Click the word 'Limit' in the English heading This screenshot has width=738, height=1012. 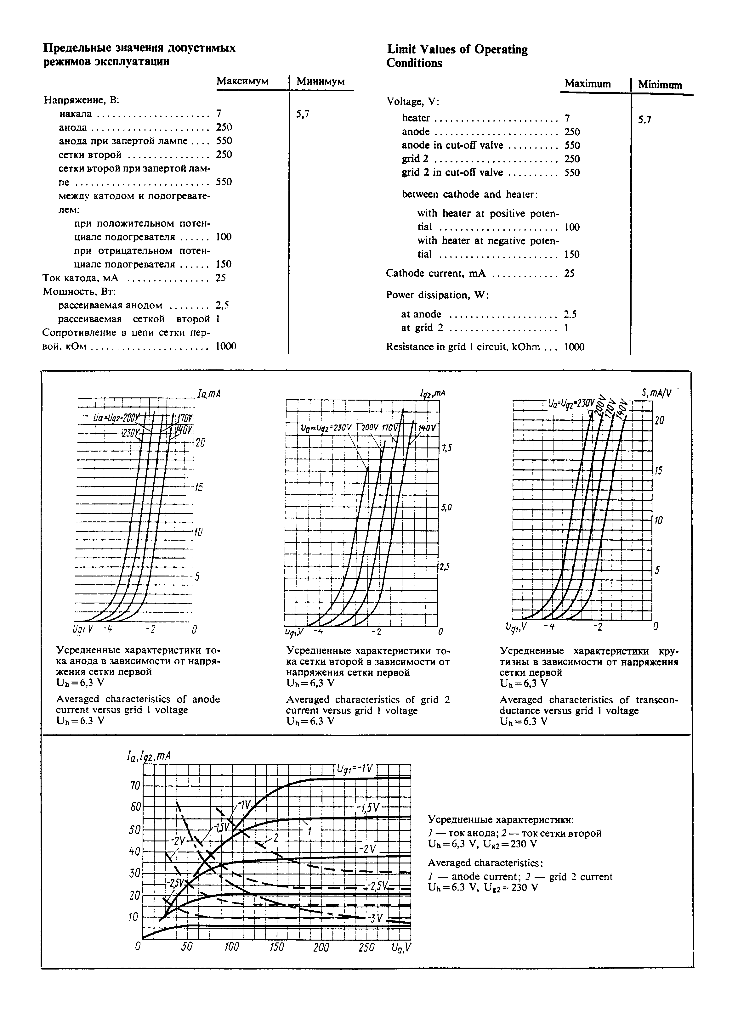coord(402,49)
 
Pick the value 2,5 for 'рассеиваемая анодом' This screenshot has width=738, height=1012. coord(222,305)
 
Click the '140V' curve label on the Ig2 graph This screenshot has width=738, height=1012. coord(428,428)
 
